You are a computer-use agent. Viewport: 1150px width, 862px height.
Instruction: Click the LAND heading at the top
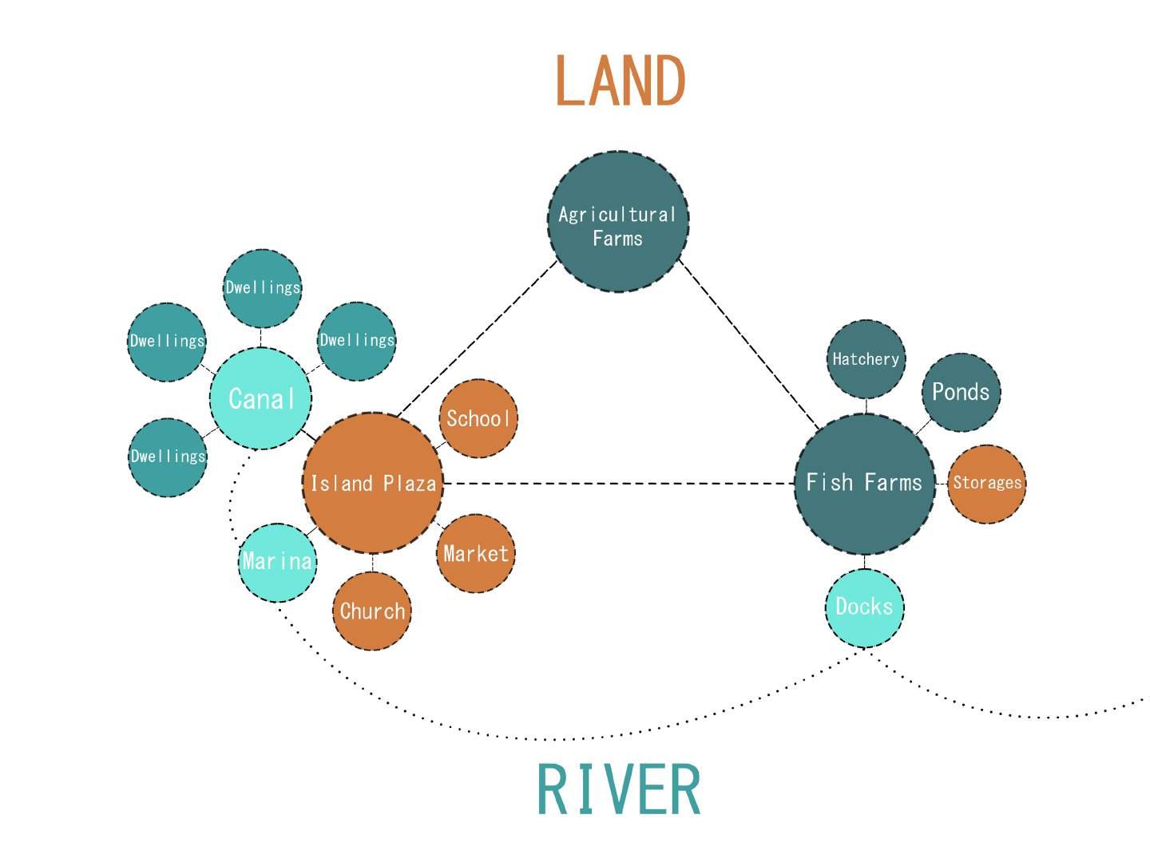point(620,80)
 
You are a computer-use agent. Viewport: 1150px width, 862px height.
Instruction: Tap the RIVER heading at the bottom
point(618,789)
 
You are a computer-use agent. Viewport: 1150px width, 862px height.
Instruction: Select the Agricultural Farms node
point(617,221)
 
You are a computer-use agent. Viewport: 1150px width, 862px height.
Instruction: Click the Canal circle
point(260,398)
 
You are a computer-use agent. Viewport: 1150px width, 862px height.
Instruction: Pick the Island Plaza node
point(372,483)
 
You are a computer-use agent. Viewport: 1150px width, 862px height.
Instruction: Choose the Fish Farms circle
point(864,483)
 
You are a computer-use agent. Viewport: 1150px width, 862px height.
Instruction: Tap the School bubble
point(478,418)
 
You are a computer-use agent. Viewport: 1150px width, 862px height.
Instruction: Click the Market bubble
point(475,553)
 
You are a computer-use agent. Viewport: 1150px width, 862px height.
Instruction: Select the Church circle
point(372,611)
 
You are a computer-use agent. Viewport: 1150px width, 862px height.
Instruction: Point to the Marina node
point(277,562)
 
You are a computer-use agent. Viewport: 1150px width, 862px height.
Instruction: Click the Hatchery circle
point(866,359)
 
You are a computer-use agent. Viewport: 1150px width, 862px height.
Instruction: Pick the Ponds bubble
point(961,392)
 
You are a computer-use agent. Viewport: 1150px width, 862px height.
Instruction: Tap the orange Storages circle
point(986,484)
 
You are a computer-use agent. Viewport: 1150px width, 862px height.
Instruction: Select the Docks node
point(864,607)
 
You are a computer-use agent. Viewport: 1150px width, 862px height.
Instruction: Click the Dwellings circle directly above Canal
point(262,288)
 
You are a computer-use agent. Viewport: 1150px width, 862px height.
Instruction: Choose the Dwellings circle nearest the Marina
point(167,457)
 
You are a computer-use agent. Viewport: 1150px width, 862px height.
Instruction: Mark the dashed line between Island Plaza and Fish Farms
point(619,483)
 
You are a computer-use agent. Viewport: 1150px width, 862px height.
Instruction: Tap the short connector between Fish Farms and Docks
point(865,562)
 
